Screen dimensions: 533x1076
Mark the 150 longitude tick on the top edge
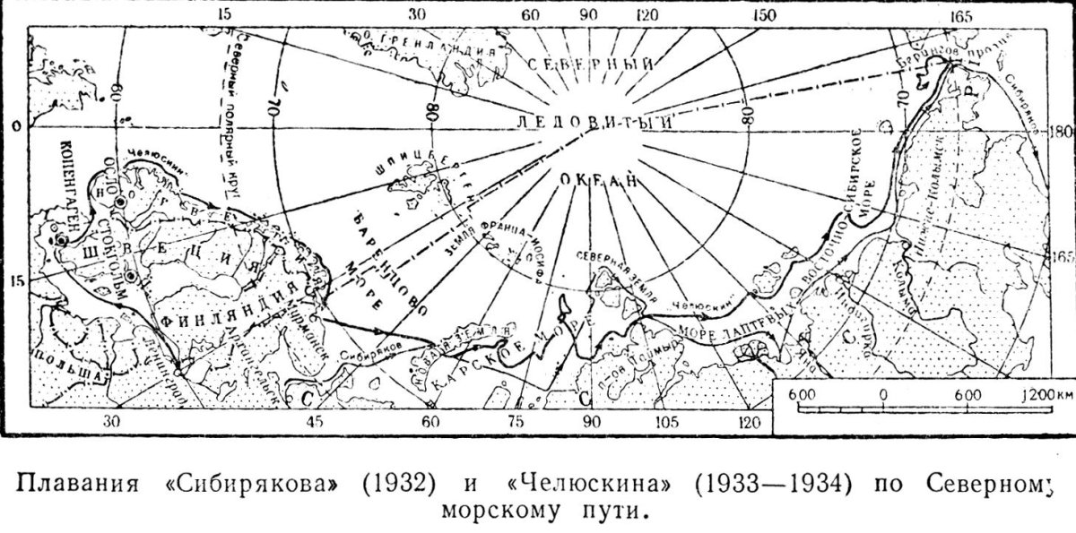(x=764, y=15)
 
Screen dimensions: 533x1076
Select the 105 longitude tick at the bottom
(x=664, y=422)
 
